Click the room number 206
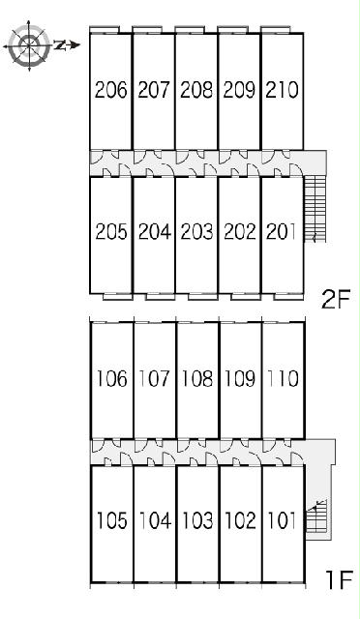[111, 90]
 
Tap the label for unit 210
[282, 90]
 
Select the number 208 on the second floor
[196, 90]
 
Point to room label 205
[111, 232]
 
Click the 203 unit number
[196, 232]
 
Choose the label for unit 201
[281, 232]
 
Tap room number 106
[112, 378]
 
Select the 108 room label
[197, 378]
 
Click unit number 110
[283, 378]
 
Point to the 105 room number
[112, 520]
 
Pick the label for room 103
[197, 520]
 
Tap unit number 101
[283, 520]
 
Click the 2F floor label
[336, 300]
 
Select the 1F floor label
[338, 580]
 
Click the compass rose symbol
[29, 45]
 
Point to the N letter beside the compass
[60, 45]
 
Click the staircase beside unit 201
[315, 209]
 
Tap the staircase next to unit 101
[316, 516]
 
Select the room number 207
[154, 90]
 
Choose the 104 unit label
[155, 520]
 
